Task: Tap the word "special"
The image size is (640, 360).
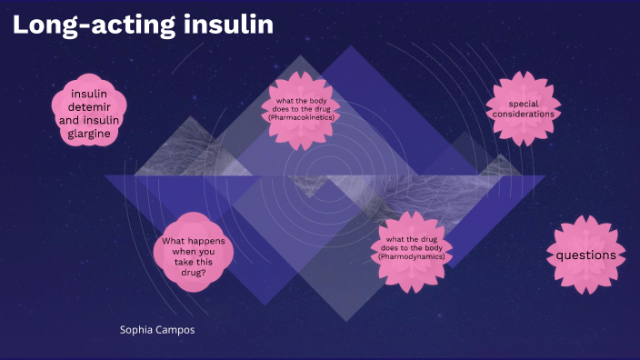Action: [524, 104]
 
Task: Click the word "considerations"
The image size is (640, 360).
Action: [524, 115]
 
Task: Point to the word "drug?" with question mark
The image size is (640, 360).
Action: [194, 272]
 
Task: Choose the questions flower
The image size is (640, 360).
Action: [586, 255]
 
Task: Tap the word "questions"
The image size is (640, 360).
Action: [586, 255]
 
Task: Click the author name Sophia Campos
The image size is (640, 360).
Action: [157, 329]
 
